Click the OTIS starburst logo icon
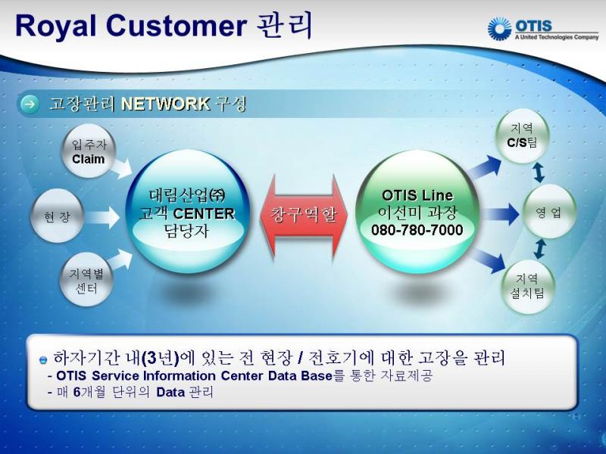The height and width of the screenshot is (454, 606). tap(499, 29)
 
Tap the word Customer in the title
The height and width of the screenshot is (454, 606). tap(176, 26)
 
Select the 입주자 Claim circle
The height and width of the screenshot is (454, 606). tap(89, 151)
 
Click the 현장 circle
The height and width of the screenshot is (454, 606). tap(58, 216)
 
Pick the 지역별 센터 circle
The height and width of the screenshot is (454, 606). tap(86, 279)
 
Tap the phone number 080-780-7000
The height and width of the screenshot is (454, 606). tap(417, 230)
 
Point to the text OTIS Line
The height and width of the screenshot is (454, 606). tap(417, 195)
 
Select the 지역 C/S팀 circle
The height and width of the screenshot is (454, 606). tap(522, 136)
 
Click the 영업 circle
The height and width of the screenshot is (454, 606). tap(548, 212)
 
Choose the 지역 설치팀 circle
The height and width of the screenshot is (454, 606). tap(528, 286)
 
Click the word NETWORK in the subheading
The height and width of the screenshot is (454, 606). tap(165, 104)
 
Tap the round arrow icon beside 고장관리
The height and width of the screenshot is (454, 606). tap(30, 104)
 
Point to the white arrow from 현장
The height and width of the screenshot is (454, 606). tap(102, 217)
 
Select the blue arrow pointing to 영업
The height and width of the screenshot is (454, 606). tap(501, 214)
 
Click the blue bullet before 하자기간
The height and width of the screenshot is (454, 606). tap(43, 360)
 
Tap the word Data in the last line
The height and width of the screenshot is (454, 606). tap(170, 392)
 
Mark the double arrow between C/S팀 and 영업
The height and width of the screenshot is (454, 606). tap(539, 173)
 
